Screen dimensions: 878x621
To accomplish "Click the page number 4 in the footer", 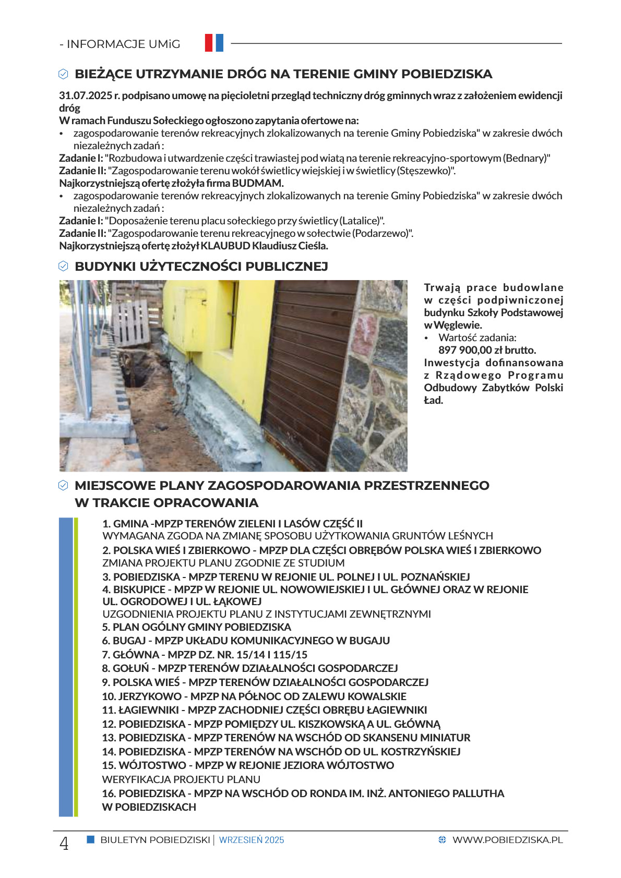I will (x=64, y=843).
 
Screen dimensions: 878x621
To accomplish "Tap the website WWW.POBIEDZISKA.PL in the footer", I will (x=507, y=840).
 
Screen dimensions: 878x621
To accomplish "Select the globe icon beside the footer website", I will (x=443, y=840).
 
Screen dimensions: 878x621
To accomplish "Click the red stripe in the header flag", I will (x=209, y=43).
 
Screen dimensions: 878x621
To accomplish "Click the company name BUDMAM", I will (x=257, y=183).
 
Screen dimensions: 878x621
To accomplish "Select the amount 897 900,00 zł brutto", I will (x=487, y=350).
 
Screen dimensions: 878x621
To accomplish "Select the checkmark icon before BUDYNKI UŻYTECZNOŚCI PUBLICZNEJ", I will (x=63, y=267).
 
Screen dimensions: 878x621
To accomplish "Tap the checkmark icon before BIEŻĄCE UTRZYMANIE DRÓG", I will (x=63, y=74).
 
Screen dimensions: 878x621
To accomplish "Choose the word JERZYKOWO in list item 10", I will (x=150, y=696).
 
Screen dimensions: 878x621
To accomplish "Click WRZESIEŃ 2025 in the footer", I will (x=252, y=840).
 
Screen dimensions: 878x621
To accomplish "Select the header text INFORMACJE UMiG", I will (x=123, y=44).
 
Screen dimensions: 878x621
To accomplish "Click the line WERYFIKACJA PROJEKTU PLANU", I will (x=181, y=779).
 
